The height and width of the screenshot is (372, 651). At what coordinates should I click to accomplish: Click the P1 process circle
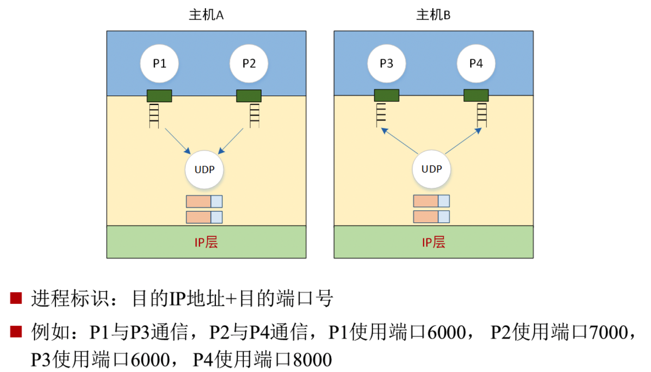[x=159, y=63]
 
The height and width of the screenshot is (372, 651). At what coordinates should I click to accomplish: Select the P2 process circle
[x=249, y=63]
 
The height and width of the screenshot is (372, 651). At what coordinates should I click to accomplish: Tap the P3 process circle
[x=386, y=63]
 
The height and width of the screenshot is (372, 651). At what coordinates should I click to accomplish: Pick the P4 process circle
[x=476, y=63]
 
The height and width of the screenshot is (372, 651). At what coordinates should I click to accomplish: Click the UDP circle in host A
[x=204, y=169]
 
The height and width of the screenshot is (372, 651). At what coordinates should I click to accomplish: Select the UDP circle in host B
[x=431, y=169]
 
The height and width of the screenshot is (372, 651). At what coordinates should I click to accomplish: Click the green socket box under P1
[x=159, y=96]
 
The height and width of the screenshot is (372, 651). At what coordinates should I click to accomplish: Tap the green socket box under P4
[x=476, y=95]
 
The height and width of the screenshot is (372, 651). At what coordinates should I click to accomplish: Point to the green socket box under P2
[x=249, y=96]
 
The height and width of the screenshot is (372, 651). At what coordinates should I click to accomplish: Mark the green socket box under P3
[x=386, y=95]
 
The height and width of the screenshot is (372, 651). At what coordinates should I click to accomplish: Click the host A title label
[x=206, y=15]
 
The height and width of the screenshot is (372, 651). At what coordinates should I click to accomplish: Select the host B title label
[x=433, y=15]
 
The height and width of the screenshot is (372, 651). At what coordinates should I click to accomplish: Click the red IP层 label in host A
[x=206, y=242]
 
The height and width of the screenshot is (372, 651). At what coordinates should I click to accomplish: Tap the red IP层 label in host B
[x=433, y=242]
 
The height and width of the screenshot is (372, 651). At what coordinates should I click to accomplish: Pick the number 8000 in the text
[x=312, y=360]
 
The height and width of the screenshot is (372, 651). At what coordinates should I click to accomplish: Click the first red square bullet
[x=16, y=298]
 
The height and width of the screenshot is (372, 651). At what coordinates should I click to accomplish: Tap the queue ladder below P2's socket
[x=254, y=115]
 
